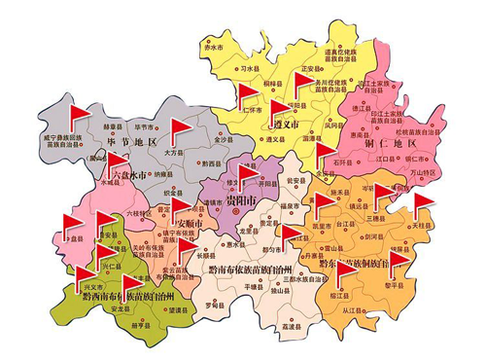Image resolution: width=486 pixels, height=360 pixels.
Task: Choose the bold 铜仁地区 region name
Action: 388,144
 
